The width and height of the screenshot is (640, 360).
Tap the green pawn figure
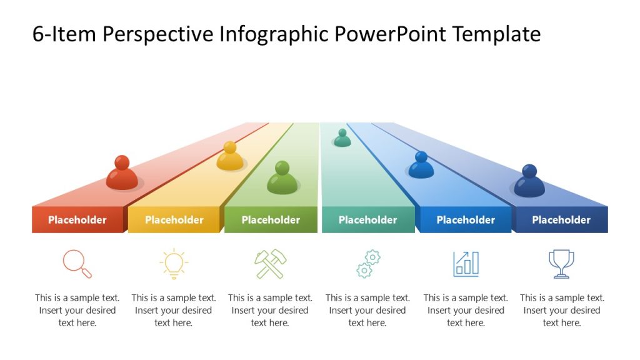282,178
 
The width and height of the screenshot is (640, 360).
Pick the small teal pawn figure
342,138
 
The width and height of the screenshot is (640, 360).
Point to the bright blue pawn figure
421,166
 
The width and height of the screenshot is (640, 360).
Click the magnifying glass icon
77,264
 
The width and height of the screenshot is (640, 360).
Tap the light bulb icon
174,264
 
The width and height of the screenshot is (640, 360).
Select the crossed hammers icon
270,264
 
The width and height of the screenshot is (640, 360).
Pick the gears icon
368,264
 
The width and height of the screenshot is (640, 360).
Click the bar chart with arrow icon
466,264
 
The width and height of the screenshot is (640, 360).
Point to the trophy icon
561,264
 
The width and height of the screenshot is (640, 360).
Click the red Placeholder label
77,220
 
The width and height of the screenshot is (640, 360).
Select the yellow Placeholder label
174,220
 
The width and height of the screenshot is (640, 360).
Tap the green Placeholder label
271,220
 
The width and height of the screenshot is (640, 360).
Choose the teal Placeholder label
367,220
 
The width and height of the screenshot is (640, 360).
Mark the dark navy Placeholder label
561,220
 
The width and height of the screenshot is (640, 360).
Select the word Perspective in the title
157,34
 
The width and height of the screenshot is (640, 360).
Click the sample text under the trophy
562,311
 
